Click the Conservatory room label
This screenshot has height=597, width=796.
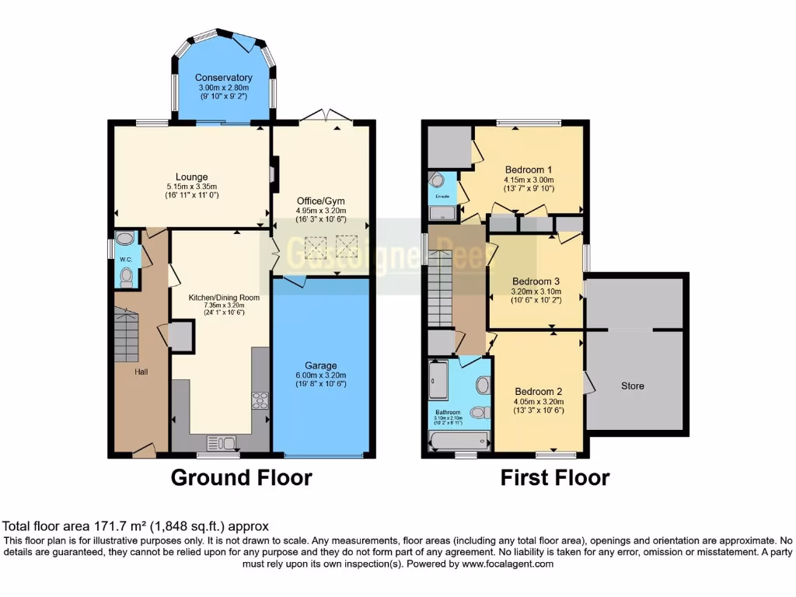click(x=223, y=78)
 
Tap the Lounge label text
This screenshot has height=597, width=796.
click(x=191, y=177)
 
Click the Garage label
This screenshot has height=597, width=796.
click(x=320, y=365)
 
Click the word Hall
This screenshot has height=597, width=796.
click(x=141, y=372)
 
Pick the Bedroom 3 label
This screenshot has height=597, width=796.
click(x=535, y=281)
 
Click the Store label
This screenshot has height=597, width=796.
click(x=632, y=386)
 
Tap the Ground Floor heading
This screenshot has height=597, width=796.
click(x=241, y=477)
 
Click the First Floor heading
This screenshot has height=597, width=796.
click(x=554, y=477)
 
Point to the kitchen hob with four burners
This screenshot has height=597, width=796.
click(x=260, y=400)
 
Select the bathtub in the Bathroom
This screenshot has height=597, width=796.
click(x=459, y=442)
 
